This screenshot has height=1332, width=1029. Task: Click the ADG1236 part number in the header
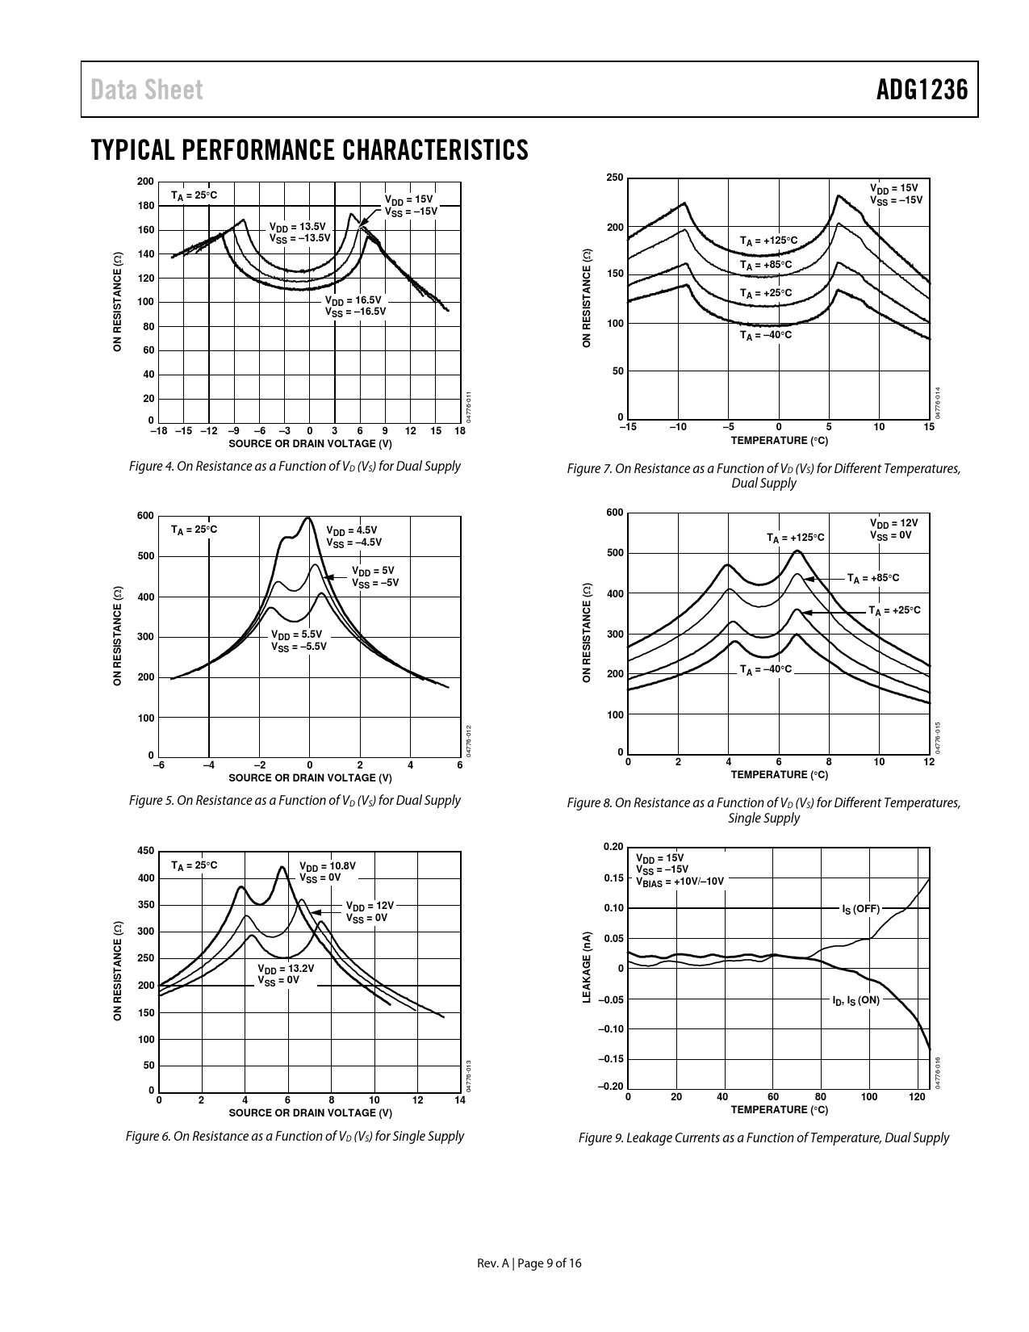[x=922, y=90]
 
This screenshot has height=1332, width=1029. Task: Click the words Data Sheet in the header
[x=147, y=90]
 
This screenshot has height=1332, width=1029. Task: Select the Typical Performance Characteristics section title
[x=310, y=150]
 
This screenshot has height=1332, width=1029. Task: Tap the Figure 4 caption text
[x=295, y=466]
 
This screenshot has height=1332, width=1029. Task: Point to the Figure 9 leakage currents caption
[x=763, y=1137]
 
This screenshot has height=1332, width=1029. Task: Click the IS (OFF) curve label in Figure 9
[x=860, y=908]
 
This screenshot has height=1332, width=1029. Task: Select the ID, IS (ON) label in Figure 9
[x=856, y=999]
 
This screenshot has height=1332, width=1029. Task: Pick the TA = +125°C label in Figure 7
[x=768, y=241]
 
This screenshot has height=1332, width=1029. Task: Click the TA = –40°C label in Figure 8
[x=766, y=669]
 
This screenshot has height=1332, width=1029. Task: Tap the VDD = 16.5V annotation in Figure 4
[x=355, y=305]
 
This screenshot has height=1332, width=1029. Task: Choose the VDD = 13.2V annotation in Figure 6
[x=285, y=974]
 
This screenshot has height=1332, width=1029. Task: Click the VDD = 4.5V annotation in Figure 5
[x=353, y=536]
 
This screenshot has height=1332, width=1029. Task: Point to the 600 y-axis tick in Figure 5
[x=145, y=516]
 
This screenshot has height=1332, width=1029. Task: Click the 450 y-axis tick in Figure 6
[x=145, y=851]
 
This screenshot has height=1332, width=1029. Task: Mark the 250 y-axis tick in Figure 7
[x=614, y=177]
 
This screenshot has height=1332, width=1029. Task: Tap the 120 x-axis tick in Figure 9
[x=917, y=1096]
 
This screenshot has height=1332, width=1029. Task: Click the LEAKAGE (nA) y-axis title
[x=588, y=968]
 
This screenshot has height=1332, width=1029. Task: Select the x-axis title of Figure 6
[x=310, y=1112]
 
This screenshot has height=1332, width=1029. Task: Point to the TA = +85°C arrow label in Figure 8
[x=872, y=578]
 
